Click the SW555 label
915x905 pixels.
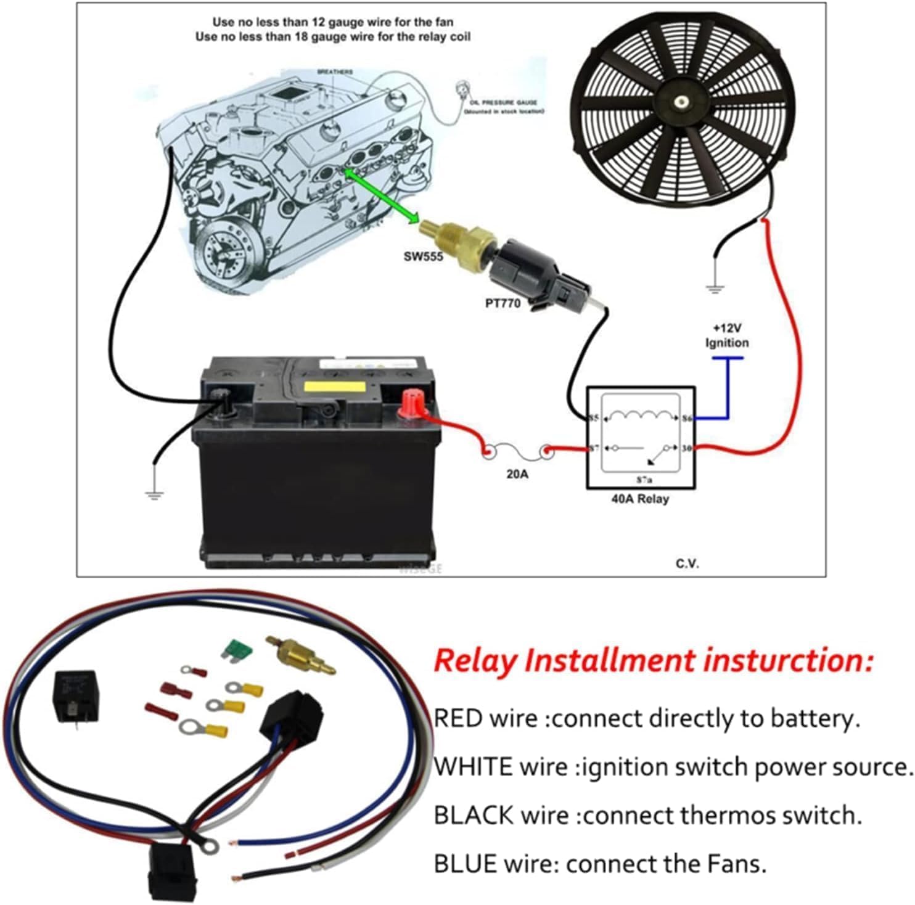[423, 256]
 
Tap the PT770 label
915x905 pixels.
[503, 303]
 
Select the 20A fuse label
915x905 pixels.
[517, 475]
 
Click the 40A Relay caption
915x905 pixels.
[639, 499]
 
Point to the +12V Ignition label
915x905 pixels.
[727, 336]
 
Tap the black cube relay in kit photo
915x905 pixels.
[75, 695]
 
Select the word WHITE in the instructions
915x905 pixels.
[473, 767]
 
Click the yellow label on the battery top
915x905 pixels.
[339, 388]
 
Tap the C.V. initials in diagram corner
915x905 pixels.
[687, 563]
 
